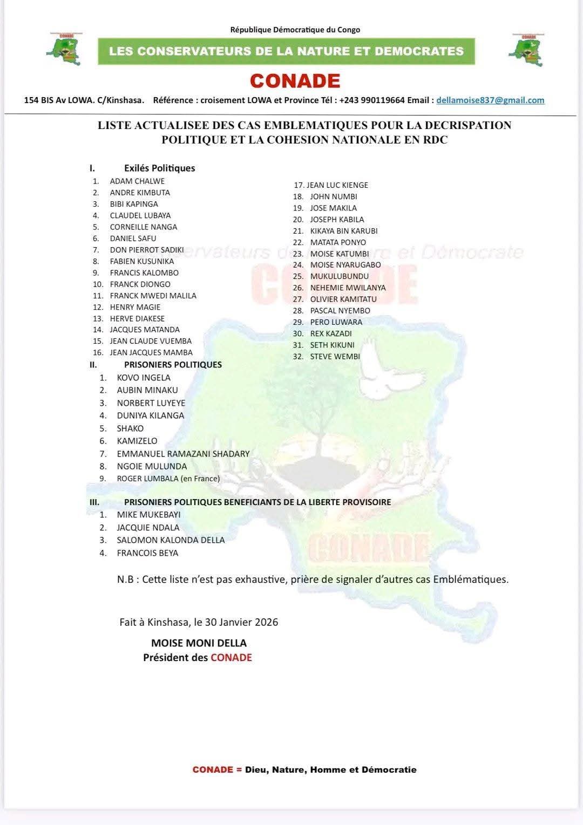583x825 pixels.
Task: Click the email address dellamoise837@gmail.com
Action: point(490,100)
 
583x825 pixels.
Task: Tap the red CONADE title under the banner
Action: point(295,81)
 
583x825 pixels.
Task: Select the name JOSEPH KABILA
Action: point(337,220)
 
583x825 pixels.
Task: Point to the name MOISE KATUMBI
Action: point(339,254)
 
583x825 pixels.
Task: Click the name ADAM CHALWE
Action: point(137,181)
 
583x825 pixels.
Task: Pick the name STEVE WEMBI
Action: point(335,357)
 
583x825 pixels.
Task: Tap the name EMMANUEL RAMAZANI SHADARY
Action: point(183,454)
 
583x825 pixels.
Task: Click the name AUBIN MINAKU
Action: point(147,390)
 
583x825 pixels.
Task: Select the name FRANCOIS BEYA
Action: point(147,553)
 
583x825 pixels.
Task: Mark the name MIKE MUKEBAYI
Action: point(148,515)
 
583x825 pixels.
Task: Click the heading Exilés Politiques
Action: point(159,168)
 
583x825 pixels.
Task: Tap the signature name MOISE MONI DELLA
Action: point(199,643)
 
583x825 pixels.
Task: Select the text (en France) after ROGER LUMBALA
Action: point(200,479)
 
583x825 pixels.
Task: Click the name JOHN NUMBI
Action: point(334,197)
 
